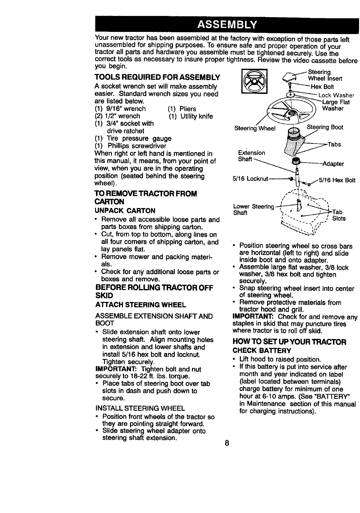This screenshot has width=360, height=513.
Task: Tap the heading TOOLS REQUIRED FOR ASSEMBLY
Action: click(158, 77)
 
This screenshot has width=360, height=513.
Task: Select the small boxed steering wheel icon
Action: click(254, 81)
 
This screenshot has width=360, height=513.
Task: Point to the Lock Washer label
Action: click(336, 95)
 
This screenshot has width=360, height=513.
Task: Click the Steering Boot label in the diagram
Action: click(325, 127)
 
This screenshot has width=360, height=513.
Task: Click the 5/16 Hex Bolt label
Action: click(337, 180)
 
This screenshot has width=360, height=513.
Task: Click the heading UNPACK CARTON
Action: click(125, 211)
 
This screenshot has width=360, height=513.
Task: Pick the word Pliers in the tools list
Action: click(188, 109)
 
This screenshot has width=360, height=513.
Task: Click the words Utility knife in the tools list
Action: click(196, 116)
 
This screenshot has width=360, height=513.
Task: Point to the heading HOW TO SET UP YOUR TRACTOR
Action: click(289, 341)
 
